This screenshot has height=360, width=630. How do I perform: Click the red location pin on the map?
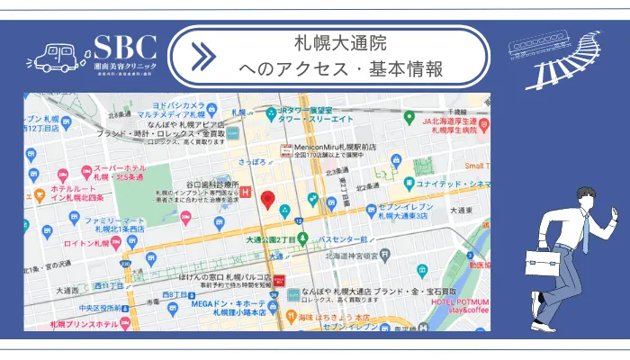click(x=267, y=201)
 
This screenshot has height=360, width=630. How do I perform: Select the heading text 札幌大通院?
click(x=339, y=42)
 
